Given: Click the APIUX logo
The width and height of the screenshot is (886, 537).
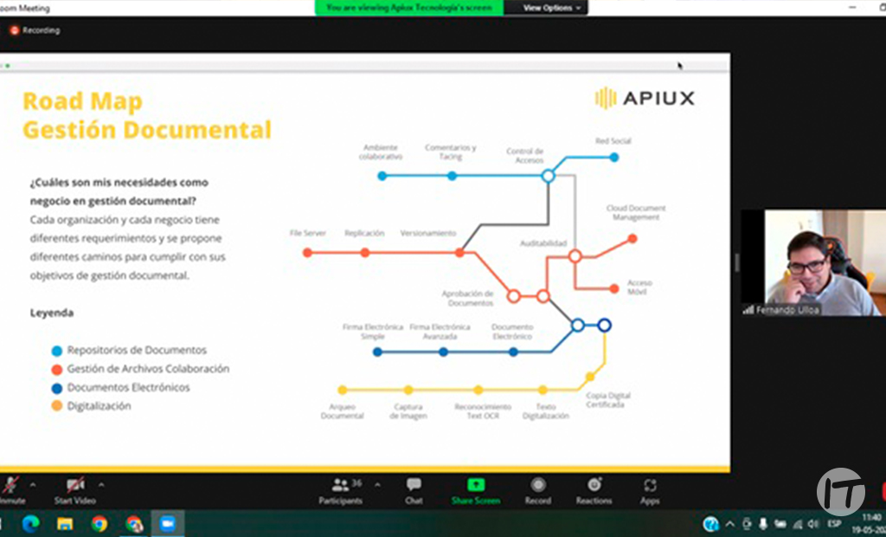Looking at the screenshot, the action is click(645, 98).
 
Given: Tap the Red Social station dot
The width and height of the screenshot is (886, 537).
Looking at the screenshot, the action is click(613, 157).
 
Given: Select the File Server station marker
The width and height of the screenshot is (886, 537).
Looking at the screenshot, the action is click(307, 253).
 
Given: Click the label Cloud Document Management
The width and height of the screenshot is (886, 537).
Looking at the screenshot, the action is click(636, 212).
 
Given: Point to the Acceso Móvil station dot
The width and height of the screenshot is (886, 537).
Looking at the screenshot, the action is click(614, 288).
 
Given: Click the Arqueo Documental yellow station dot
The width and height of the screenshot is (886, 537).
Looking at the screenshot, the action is click(343, 390).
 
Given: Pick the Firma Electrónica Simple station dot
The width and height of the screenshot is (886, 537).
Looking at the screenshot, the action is click(377, 352).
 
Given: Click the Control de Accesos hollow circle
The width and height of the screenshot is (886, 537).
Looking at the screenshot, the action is click(547, 176).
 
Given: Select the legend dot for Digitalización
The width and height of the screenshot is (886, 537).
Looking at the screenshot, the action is click(57, 406).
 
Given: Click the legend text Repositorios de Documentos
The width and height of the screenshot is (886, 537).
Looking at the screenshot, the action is click(137, 350).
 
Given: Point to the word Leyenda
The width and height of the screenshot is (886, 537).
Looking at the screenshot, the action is click(52, 312).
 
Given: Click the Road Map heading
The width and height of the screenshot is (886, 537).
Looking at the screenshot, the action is click(82, 101).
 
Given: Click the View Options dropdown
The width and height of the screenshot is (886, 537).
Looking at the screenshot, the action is click(552, 8).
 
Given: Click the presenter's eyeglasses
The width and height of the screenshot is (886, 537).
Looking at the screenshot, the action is click(806, 266).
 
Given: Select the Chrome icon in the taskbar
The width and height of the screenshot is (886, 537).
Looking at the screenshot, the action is click(100, 523).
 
